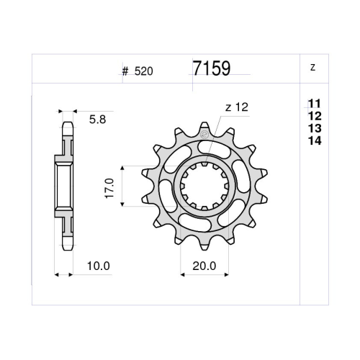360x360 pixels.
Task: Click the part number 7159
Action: coord(212,68)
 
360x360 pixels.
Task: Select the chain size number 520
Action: coord(143,71)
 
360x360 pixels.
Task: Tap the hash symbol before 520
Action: coord(125,71)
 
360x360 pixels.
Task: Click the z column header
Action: coord(312,68)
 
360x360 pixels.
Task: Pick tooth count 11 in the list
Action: coord(315,104)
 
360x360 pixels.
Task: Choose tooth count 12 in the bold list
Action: coord(315,116)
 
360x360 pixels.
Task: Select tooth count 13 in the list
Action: coord(315,128)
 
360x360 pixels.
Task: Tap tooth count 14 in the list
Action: coord(315,140)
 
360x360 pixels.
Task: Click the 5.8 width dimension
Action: coord(97,120)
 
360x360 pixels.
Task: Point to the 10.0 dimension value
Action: coord(99,266)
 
